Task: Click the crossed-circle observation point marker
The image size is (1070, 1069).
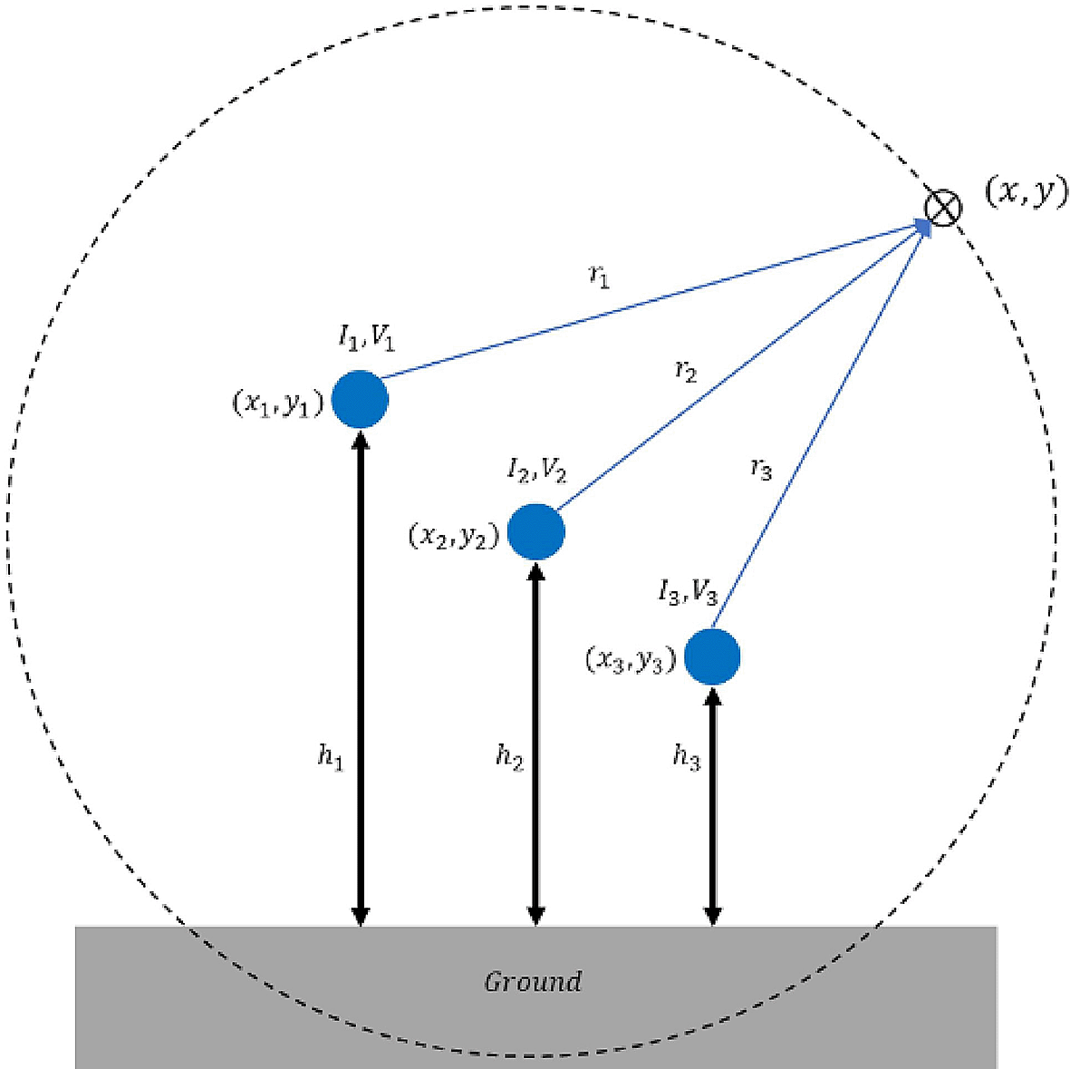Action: pos(942,207)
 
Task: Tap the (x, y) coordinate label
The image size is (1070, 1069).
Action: pos(1026,191)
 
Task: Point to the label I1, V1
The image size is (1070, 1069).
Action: pos(367,338)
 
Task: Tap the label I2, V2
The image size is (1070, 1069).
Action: pos(536,470)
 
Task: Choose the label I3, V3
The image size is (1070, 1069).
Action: pos(688,594)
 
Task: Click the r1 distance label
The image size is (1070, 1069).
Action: pos(599,277)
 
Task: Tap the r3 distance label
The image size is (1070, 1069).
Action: pos(761,468)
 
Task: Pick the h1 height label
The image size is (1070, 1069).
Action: pos(331,756)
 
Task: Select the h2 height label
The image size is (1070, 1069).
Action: pos(509,756)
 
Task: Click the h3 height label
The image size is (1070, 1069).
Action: pos(687,756)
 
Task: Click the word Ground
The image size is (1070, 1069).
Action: pos(533,982)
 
